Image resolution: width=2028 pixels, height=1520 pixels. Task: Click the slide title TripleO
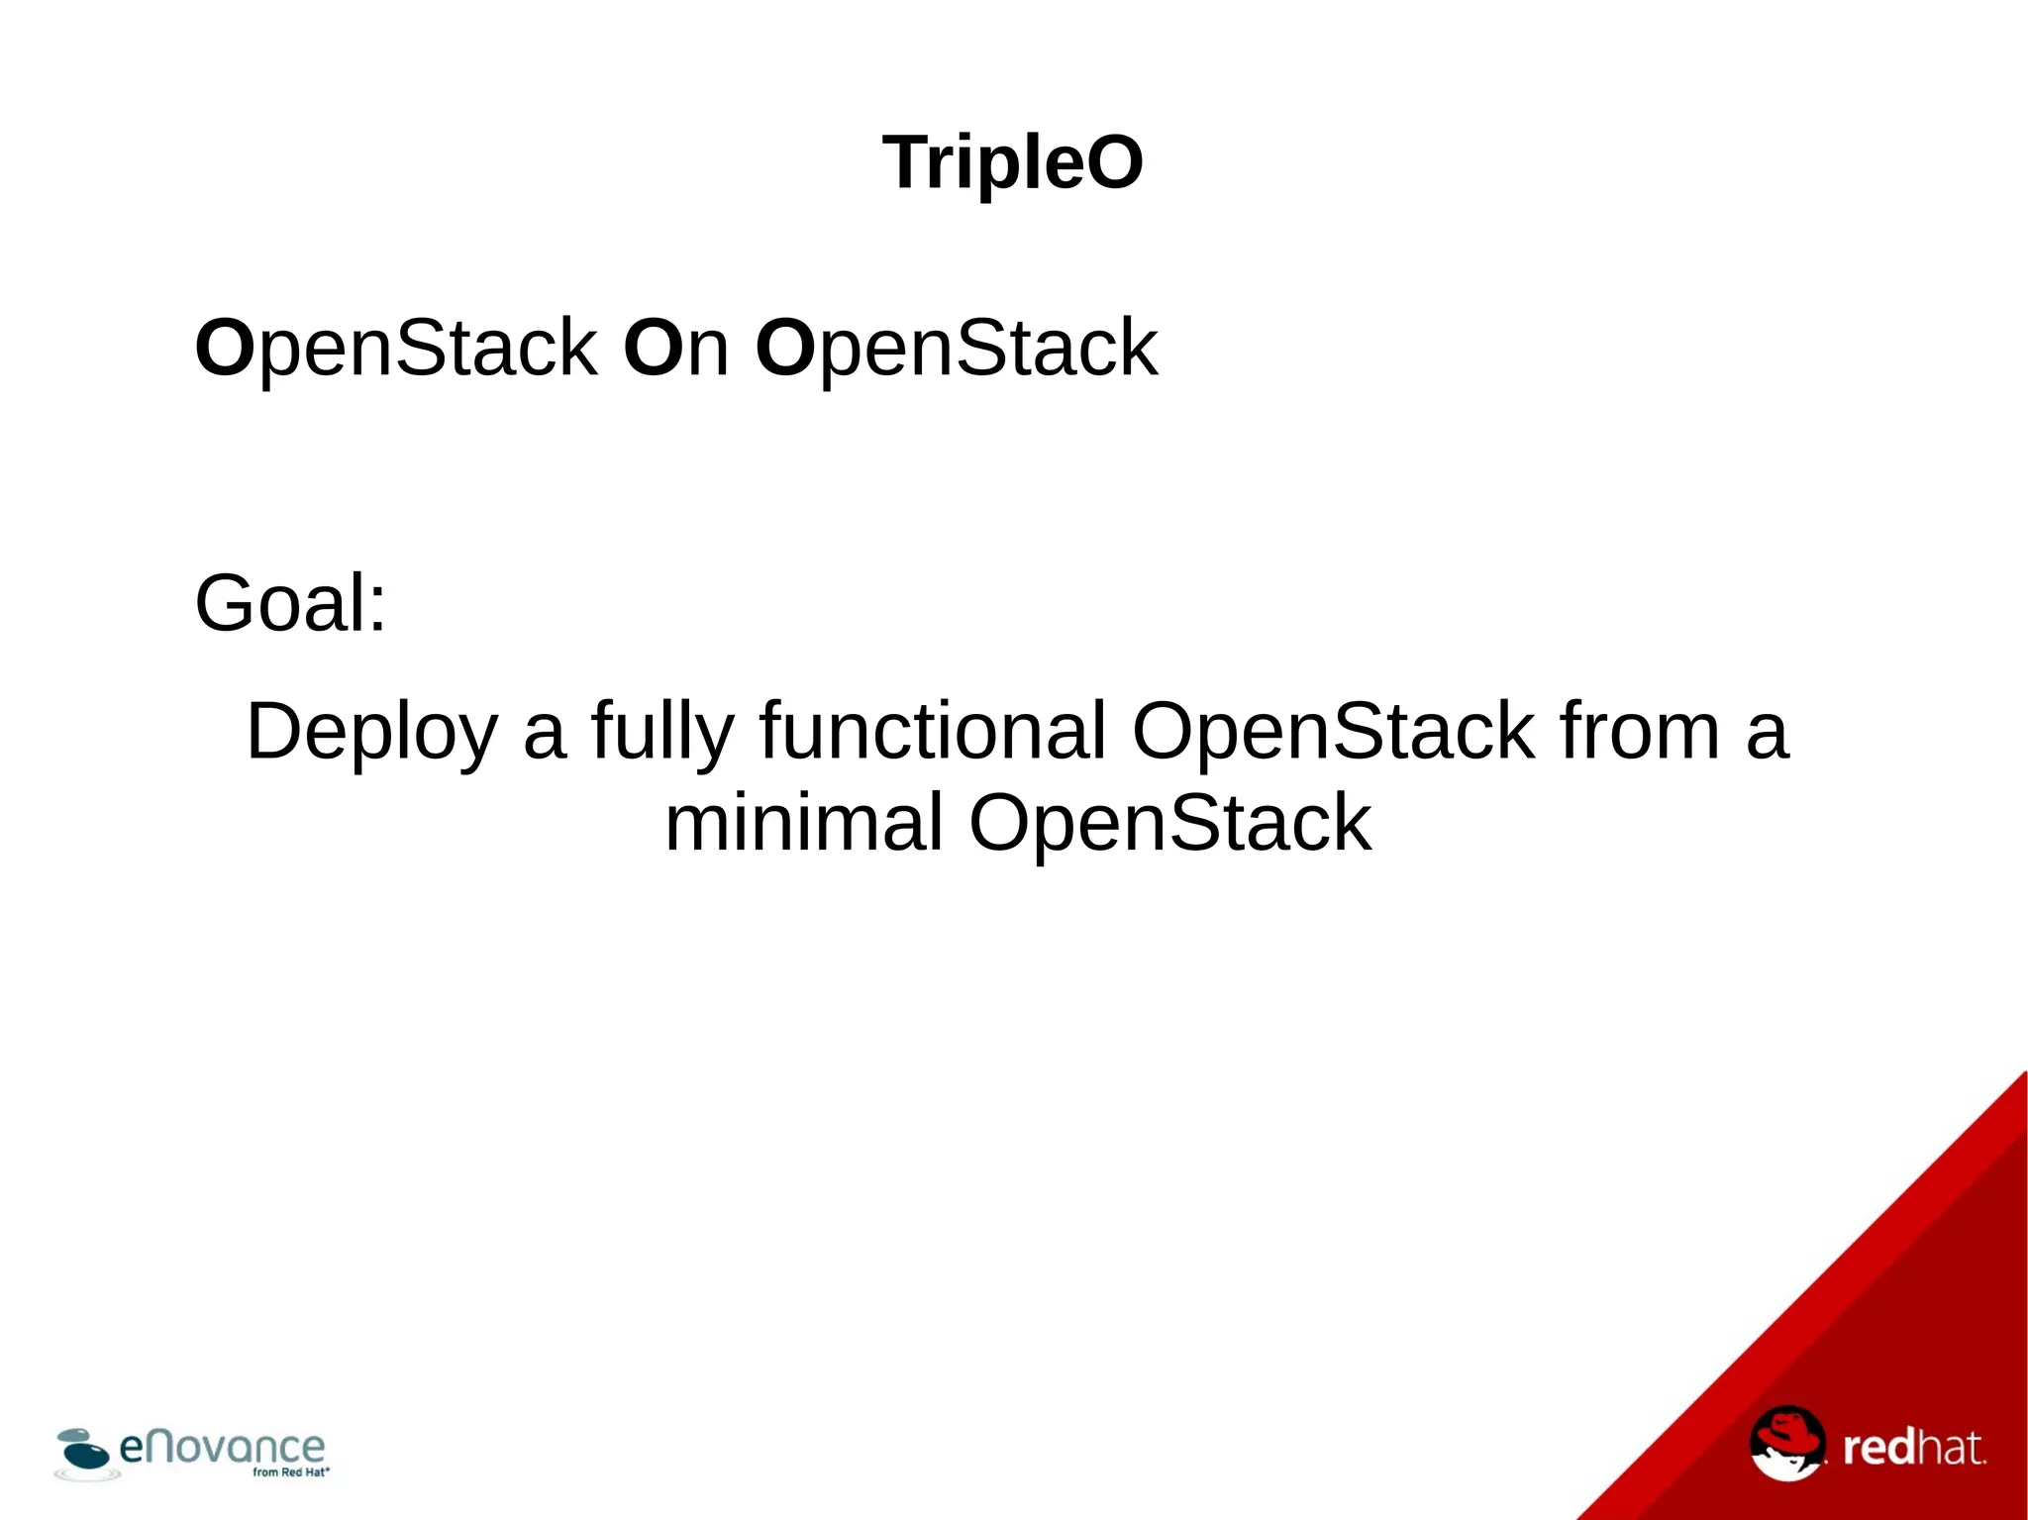pyautogui.click(x=1012, y=162)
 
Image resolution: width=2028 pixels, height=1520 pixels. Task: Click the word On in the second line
pyautogui.click(x=676, y=348)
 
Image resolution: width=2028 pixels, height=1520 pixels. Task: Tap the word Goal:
pyautogui.click(x=290, y=603)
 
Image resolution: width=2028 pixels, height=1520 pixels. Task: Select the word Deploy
pyautogui.click(x=371, y=732)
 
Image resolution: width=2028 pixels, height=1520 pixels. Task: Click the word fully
pyautogui.click(x=662, y=732)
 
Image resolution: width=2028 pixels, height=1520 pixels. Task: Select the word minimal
pyautogui.click(x=803, y=823)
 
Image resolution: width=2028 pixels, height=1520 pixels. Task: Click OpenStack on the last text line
pyautogui.click(x=1169, y=823)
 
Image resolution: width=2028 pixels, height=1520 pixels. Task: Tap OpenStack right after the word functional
pyautogui.click(x=1333, y=732)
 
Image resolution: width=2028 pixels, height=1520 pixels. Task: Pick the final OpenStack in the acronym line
pyautogui.click(x=957, y=348)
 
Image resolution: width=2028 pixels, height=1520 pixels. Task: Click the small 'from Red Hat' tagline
pyautogui.click(x=290, y=1472)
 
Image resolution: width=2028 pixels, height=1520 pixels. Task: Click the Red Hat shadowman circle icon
pyautogui.click(x=1786, y=1443)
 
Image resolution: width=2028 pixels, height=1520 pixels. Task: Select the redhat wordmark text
pyautogui.click(x=1913, y=1448)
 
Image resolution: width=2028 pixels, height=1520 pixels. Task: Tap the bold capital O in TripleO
pyautogui.click(x=1115, y=162)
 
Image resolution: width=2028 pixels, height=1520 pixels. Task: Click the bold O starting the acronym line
pyautogui.click(x=225, y=348)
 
